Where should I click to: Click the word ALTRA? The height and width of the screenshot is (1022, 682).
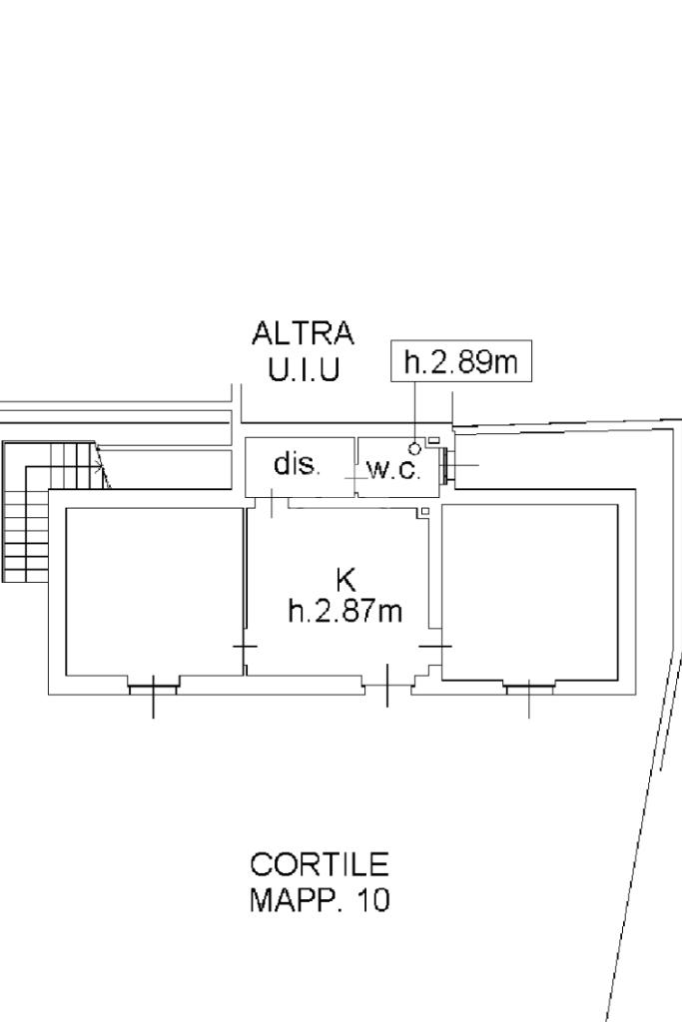304,333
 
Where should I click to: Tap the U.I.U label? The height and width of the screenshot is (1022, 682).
304,369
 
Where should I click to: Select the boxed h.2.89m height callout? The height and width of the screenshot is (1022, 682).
461,360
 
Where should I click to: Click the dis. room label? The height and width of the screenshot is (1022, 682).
297,464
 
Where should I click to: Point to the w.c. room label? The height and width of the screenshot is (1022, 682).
393,469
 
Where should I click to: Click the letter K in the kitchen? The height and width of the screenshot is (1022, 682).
345,579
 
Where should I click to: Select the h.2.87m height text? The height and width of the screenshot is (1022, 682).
344,612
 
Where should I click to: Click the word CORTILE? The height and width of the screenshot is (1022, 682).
320,865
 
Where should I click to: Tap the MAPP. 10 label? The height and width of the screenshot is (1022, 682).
320,900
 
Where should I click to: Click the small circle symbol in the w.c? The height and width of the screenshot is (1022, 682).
414,448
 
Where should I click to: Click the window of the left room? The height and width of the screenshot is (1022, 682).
153,687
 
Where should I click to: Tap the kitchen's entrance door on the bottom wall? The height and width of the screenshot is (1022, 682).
387,685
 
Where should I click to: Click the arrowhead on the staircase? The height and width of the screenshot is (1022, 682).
100,466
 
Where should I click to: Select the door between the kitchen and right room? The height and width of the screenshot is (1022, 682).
435,647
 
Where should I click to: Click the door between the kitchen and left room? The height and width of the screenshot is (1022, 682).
246,647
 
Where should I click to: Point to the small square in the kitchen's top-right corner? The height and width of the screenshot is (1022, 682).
424,511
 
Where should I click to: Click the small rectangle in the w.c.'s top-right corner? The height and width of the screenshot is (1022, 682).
433,441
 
